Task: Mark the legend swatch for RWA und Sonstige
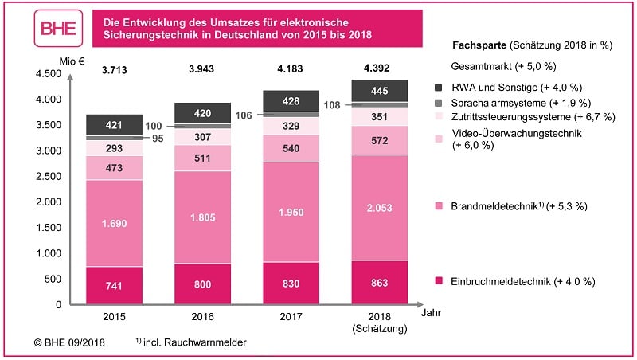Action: click(439, 87)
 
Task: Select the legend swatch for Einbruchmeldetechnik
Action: click(439, 281)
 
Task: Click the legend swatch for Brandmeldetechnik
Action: click(439, 205)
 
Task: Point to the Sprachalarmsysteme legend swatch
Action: click(439, 102)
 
